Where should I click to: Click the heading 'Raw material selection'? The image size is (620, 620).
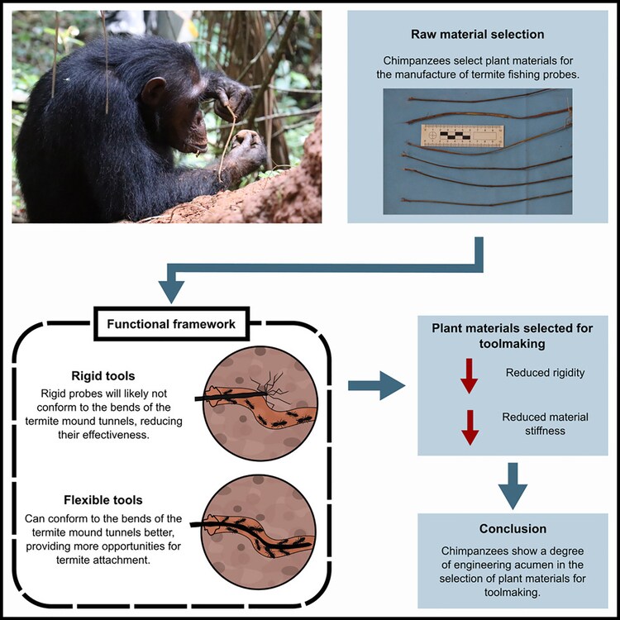click(x=477, y=36)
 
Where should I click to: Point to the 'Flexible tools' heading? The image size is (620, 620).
click(x=103, y=499)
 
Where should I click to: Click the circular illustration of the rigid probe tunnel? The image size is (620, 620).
click(x=255, y=397)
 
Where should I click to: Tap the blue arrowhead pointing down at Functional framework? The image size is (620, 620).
click(x=170, y=289)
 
